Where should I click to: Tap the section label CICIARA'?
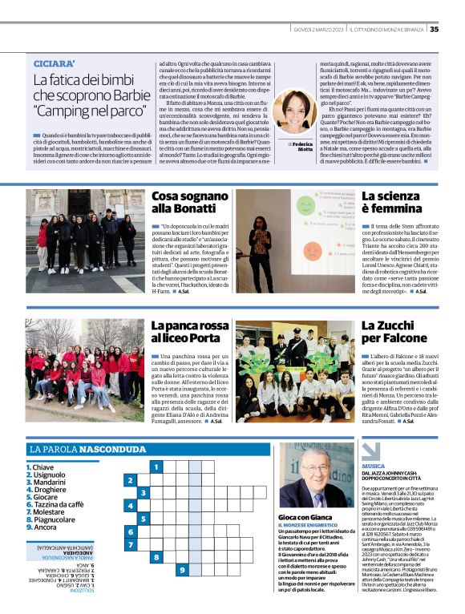(53, 63)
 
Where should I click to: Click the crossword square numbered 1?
(156, 466)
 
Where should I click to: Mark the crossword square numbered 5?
(143, 519)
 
